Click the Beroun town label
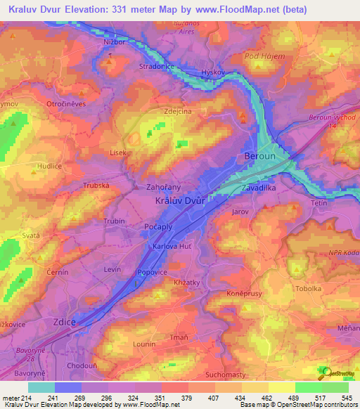(259, 156)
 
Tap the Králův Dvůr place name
(179, 200)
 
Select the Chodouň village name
(82, 366)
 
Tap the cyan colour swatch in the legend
(41, 387)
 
